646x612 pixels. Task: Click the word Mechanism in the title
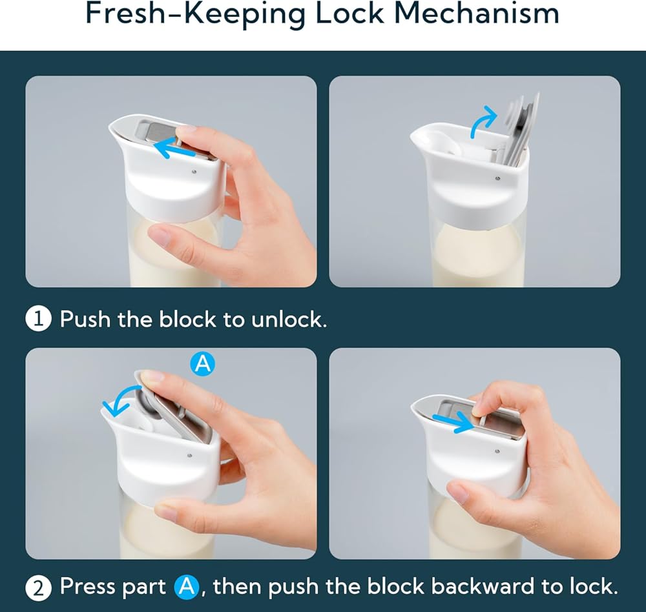(x=477, y=13)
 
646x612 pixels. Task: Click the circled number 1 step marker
(x=38, y=319)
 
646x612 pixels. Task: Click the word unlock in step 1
(x=289, y=319)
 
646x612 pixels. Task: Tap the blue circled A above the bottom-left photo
(x=202, y=363)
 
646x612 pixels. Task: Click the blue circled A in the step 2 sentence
(x=187, y=587)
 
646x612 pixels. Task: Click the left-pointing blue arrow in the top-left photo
(x=176, y=148)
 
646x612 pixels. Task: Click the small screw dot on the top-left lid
(x=194, y=171)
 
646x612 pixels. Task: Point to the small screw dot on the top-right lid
(x=497, y=178)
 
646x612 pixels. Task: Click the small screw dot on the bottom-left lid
(x=189, y=456)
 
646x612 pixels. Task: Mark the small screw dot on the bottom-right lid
(x=497, y=451)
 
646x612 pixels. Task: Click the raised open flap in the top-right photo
(x=521, y=128)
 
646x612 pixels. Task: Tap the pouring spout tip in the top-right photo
(x=413, y=136)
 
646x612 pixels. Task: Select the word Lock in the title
(x=349, y=13)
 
